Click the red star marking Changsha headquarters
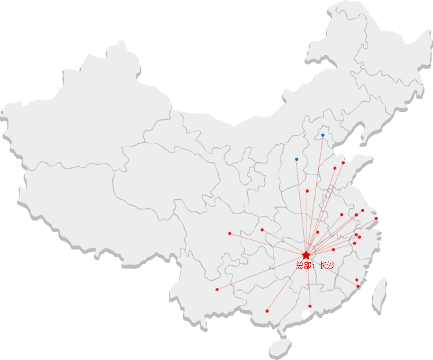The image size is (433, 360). pos(306,255)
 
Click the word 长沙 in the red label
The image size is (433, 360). pos(327,265)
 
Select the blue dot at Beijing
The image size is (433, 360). pos(323,136)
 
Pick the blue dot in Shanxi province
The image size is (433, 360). pos(297,159)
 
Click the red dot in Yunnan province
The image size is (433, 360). pos(217,289)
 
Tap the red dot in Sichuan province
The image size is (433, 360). pos(230,234)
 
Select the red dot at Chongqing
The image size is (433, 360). pos(262,230)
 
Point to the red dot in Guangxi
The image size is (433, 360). pos(267,311)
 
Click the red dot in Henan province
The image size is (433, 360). pos(307,191)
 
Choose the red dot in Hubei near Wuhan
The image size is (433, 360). pos(317,232)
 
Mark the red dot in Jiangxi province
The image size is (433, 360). pos(334,249)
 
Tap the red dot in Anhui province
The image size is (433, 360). pos(341,215)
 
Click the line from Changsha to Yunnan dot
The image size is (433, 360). pos(261,272)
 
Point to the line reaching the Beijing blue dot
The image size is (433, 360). pos(314,195)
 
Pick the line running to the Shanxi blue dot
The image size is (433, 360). pos(301,207)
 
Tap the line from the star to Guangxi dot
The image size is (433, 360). pos(286,283)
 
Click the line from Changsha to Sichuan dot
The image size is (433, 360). pos(267,244)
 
